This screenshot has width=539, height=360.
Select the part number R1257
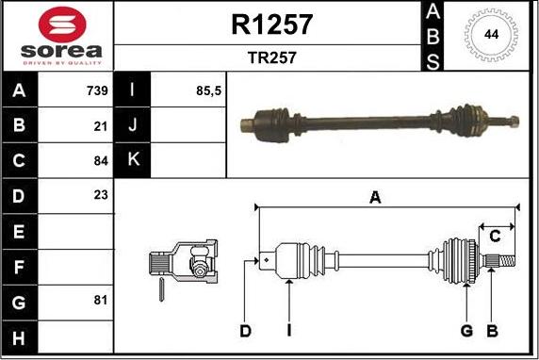click(x=271, y=25)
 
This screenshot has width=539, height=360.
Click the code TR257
click(x=271, y=57)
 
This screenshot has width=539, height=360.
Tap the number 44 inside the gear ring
click(x=491, y=34)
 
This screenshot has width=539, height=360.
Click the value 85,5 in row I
click(x=206, y=90)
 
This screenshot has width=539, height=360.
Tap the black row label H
click(x=20, y=336)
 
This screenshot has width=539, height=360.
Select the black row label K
click(x=133, y=159)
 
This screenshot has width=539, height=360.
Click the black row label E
click(x=20, y=230)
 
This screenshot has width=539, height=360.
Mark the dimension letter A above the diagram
click(x=375, y=197)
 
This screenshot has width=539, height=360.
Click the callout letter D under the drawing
click(x=245, y=331)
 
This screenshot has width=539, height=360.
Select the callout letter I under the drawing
click(x=288, y=331)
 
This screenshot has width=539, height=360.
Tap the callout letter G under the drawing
click(x=465, y=331)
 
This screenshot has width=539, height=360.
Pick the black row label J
click(x=133, y=125)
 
